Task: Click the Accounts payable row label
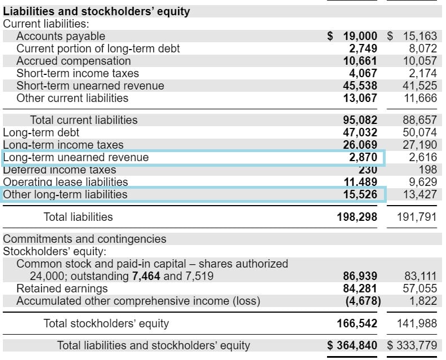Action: (x=60, y=36)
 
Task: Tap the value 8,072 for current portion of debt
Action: (x=422, y=48)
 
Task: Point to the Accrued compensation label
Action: (x=73, y=61)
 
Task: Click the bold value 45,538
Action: (x=360, y=86)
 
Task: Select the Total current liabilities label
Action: (x=83, y=120)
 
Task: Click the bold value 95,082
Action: (x=360, y=120)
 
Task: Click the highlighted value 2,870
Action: (x=363, y=157)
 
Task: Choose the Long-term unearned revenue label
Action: (x=76, y=157)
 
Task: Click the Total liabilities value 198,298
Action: (x=357, y=217)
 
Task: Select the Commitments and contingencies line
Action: (x=85, y=239)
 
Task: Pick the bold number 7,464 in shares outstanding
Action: (x=146, y=276)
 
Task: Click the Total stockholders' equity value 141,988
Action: (x=417, y=323)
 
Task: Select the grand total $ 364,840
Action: (x=354, y=345)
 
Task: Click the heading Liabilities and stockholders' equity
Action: (x=96, y=11)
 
